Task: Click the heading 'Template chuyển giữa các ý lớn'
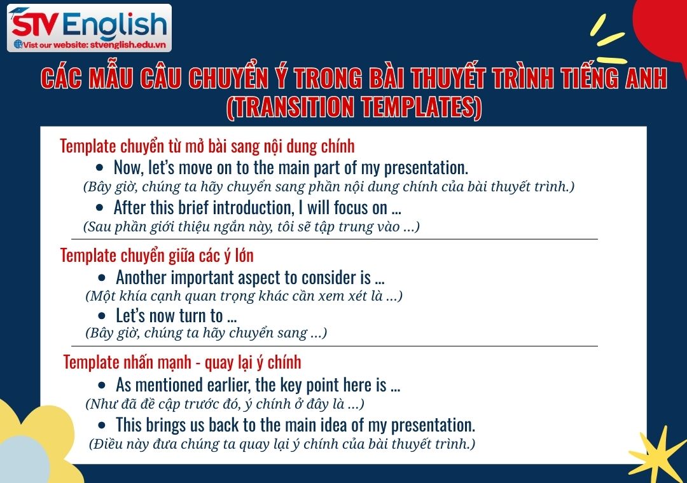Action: [156, 255]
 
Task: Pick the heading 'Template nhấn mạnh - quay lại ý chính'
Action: [182, 362]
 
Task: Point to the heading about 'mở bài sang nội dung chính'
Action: [207, 146]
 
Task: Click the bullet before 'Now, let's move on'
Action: [99, 168]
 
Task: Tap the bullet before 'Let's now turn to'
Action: [102, 316]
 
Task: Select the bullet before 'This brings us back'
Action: [102, 425]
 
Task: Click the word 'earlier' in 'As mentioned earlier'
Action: [229, 385]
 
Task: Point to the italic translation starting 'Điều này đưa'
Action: [282, 444]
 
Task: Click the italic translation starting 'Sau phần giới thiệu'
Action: [251, 226]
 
